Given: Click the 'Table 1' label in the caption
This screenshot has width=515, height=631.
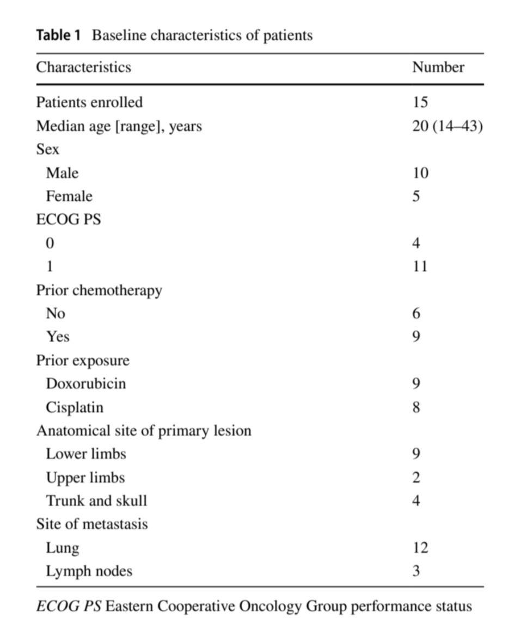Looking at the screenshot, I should point(58,36).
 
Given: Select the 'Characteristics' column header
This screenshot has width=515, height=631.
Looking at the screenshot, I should point(83,67).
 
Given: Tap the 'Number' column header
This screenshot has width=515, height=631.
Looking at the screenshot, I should point(438,67).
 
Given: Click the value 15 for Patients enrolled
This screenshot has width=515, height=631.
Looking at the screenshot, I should point(420,102).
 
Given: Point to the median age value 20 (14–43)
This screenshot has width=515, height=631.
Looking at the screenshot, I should point(447,126).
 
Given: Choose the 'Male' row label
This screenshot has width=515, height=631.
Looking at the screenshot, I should point(62,173).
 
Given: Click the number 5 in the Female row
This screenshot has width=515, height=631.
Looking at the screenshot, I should point(416,196).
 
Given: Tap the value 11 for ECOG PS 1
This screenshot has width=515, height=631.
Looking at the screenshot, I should point(420,267).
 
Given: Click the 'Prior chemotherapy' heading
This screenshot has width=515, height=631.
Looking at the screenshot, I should point(99,290).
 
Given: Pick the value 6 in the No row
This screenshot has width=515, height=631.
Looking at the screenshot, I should point(416,314).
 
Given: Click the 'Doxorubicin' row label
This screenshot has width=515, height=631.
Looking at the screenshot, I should point(85,383).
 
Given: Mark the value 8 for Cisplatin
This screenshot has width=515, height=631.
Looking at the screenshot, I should point(416,407).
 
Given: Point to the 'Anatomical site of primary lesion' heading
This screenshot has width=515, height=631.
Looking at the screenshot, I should point(144,431).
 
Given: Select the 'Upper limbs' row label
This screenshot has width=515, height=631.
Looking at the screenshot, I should point(85,478).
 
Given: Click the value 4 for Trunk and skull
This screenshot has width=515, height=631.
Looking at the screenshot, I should point(416,501).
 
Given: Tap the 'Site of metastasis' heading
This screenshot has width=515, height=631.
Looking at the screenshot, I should point(92,524).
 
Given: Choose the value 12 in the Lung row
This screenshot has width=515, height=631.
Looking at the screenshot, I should point(420,548).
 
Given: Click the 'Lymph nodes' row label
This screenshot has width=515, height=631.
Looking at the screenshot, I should point(89,572).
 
